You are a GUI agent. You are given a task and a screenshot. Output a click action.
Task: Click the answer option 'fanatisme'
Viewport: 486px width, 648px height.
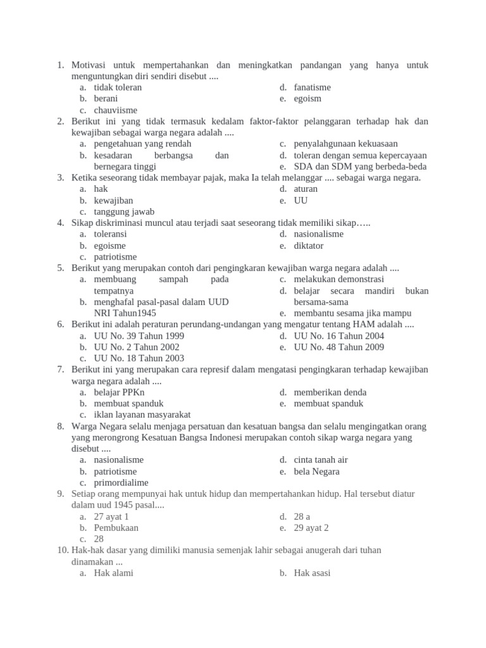[312, 87]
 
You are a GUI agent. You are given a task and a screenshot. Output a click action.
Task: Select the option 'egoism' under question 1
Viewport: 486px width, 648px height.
[308, 99]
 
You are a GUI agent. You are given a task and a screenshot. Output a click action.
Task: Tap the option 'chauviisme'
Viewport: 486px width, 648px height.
[115, 110]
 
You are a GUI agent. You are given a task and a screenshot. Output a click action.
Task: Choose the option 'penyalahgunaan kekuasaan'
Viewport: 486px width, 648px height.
[346, 144]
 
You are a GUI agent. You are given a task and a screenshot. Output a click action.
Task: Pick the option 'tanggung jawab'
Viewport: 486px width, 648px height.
[124, 212]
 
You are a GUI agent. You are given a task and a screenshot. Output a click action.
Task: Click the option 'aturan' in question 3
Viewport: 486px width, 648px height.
[306, 189]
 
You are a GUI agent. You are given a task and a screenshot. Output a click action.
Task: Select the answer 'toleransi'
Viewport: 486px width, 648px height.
[110, 234]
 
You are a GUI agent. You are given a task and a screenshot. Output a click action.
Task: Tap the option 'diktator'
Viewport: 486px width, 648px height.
[308, 246]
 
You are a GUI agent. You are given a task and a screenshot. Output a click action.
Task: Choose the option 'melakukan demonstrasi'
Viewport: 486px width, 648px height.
[339, 279]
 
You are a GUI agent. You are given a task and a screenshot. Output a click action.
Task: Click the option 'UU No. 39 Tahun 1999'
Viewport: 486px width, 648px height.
[139, 336]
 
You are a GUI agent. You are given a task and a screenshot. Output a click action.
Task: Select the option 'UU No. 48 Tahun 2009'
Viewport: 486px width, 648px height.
[339, 347]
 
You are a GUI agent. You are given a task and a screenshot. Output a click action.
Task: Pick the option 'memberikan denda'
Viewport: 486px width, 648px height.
[330, 392]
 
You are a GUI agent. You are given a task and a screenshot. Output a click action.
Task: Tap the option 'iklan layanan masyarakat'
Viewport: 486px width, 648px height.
[142, 415]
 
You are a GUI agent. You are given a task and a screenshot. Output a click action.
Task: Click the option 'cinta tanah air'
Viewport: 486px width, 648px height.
[321, 460]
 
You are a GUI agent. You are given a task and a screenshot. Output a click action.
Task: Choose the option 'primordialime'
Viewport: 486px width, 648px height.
[121, 483]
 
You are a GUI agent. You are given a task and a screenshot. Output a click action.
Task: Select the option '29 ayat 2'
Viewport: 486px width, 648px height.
[311, 528]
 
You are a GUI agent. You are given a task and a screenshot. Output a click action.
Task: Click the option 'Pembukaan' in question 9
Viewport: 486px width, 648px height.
[116, 528]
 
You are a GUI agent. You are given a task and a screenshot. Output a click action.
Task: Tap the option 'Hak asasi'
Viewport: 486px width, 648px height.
[312, 573]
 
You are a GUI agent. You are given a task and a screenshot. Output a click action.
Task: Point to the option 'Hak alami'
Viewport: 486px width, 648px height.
[113, 573]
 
